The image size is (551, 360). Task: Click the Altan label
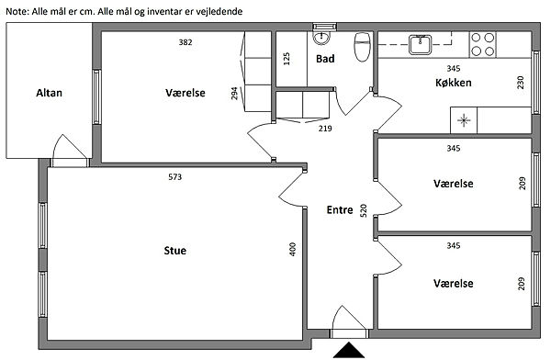(x=50, y=93)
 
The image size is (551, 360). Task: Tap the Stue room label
(x=175, y=251)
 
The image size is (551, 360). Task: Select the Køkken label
(x=454, y=83)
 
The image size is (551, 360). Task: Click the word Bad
(x=325, y=59)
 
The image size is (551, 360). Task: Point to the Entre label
(x=340, y=210)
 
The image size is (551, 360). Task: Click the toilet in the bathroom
(x=363, y=47)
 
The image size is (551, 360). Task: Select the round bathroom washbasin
(x=320, y=38)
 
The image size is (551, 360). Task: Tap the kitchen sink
(x=421, y=45)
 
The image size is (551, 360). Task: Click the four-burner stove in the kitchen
(x=482, y=44)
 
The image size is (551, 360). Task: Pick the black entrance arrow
(x=349, y=350)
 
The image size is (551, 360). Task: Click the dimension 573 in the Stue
(x=175, y=177)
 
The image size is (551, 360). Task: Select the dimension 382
(x=186, y=42)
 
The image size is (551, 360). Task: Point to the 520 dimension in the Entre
(x=364, y=210)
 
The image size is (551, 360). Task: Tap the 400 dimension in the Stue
(x=293, y=249)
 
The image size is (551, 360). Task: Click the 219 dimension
(x=325, y=129)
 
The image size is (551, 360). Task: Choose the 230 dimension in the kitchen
(x=521, y=83)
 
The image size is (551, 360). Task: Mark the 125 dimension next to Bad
(x=287, y=59)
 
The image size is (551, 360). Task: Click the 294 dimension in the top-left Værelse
(x=234, y=93)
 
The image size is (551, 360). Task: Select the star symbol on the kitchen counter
(x=464, y=120)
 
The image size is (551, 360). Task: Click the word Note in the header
(x=17, y=12)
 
